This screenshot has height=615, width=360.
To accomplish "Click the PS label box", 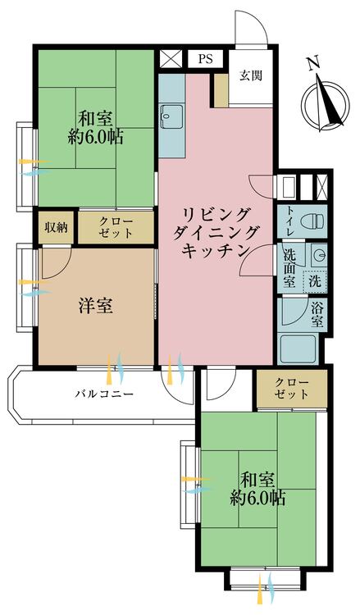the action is pyautogui.click(x=205, y=59).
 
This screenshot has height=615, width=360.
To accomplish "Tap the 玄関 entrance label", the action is pyautogui.click(x=251, y=75).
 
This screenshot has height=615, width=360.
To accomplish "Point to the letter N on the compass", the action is pyautogui.click(x=312, y=63).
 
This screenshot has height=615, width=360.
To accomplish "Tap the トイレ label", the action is pyautogui.click(x=289, y=222).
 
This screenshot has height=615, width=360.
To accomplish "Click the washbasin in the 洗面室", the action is pyautogui.click(x=318, y=253).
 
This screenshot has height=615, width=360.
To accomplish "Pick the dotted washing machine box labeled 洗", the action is pyautogui.click(x=315, y=280).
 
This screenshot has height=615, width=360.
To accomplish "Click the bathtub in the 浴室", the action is pyautogui.click(x=298, y=348).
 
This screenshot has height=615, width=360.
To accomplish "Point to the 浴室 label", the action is pyautogui.click(x=317, y=315).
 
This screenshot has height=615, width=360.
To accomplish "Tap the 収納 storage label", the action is pyautogui.click(x=56, y=228).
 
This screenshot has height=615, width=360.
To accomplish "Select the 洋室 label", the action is pyautogui.click(x=96, y=306).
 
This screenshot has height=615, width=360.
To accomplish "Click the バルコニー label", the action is pyautogui.click(x=105, y=394).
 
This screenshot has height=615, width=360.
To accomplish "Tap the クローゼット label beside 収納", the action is pyautogui.click(x=116, y=228).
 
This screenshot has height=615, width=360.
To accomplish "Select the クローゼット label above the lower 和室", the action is pyautogui.click(x=291, y=389).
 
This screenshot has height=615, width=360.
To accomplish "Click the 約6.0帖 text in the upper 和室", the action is pyautogui.click(x=95, y=138).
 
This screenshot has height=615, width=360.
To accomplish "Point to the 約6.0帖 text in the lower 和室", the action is pyautogui.click(x=257, y=499).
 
